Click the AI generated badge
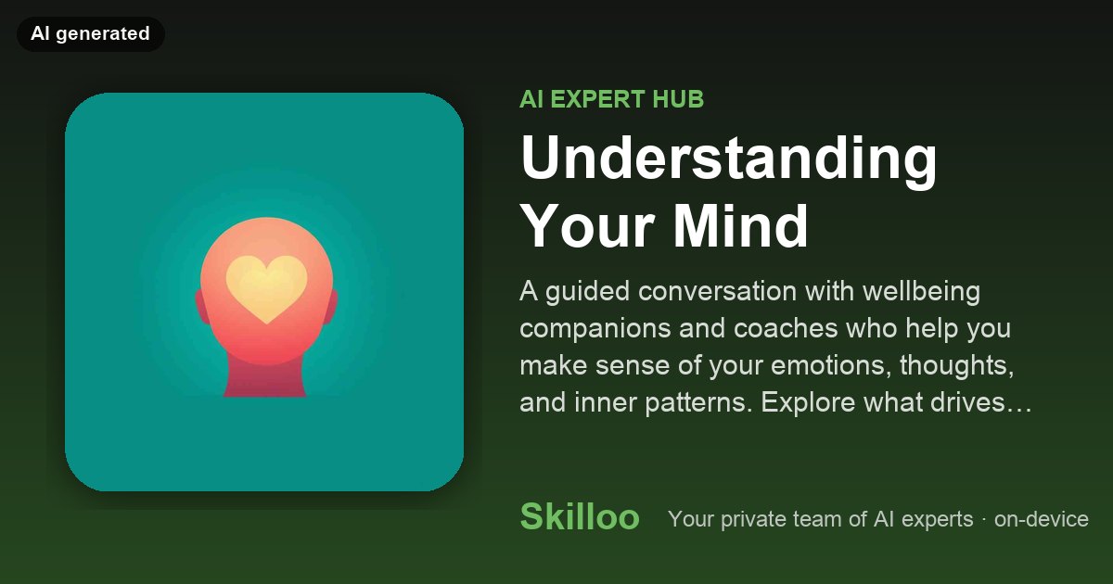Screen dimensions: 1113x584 tap(91, 33)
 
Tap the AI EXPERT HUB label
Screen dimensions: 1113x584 tap(611, 99)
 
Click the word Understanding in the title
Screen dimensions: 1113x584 tap(728, 159)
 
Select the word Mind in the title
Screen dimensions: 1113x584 tap(741, 226)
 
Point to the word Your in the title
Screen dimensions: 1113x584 tap(587, 226)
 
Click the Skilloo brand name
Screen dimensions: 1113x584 tap(580, 517)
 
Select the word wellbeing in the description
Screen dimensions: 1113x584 tap(921, 291)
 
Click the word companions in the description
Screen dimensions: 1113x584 tap(595, 329)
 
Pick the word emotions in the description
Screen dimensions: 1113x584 tap(828, 365)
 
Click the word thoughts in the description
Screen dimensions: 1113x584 tap(956, 365)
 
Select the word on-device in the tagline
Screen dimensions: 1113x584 tap(1041, 519)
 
